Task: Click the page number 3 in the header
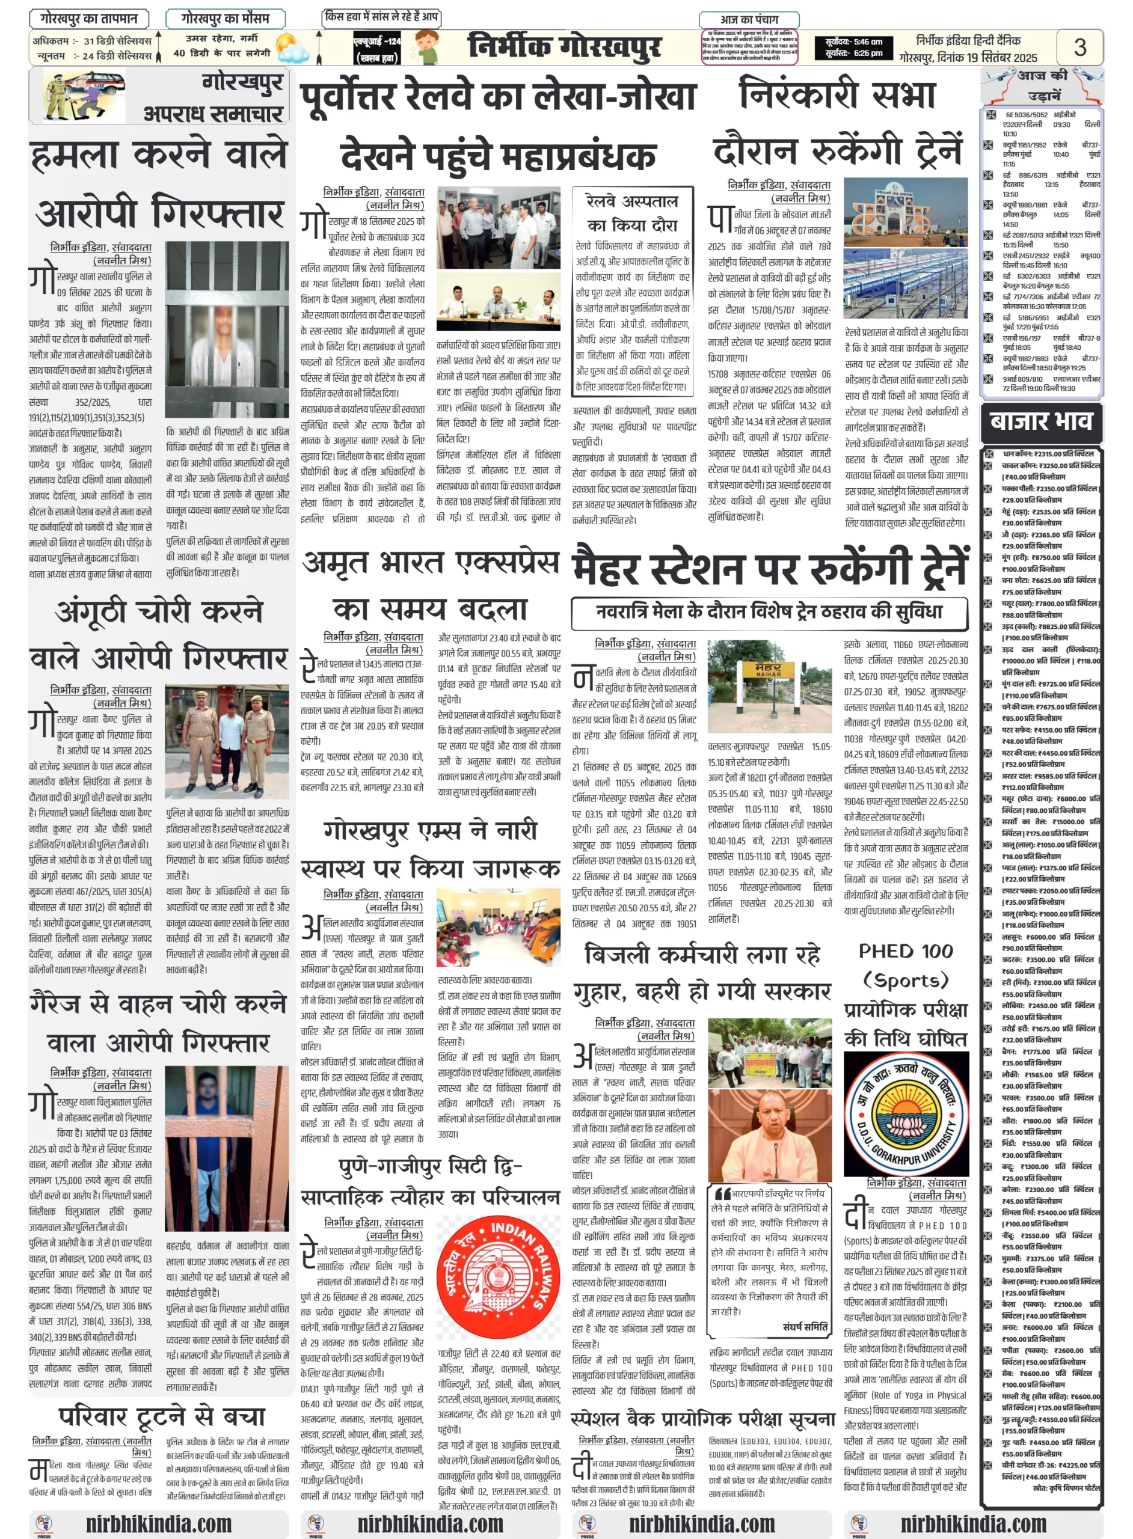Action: [x=1079, y=47]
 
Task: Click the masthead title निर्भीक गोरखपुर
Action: [x=565, y=47]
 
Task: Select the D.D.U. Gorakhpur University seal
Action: [x=906, y=1113]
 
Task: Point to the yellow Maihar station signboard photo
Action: [x=770, y=685]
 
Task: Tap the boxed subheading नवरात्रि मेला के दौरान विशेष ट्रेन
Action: [x=770, y=612]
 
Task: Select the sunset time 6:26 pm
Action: [x=854, y=54]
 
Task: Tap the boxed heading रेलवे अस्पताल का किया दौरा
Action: [x=631, y=213]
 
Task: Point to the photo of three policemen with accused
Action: [x=226, y=742]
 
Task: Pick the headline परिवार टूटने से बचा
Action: [x=161, y=1416]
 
